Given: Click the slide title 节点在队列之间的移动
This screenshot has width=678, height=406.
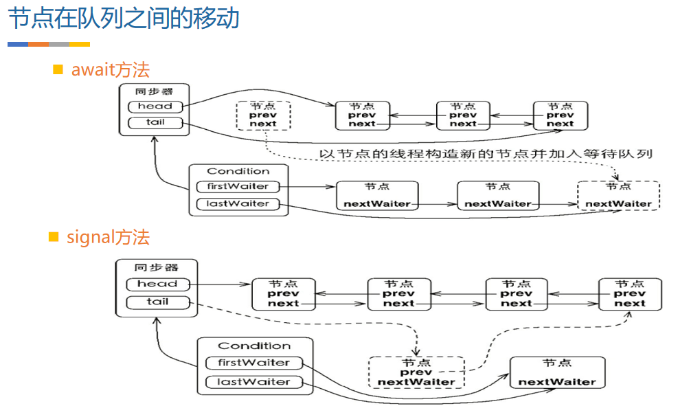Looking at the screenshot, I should pyautogui.click(x=124, y=19).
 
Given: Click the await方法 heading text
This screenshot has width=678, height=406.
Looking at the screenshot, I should pyautogui.click(x=110, y=69).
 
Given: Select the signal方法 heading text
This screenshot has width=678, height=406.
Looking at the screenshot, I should pyautogui.click(x=108, y=238).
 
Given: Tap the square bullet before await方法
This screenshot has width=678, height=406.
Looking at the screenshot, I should pyautogui.click(x=58, y=69).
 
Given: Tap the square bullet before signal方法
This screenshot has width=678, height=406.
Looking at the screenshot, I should pyautogui.click(x=54, y=237).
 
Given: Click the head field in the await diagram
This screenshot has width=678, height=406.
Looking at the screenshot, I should pyautogui.click(x=155, y=106).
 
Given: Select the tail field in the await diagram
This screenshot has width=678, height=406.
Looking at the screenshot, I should pyautogui.click(x=155, y=123).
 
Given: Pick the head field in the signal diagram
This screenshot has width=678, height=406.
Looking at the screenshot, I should pyautogui.click(x=157, y=284).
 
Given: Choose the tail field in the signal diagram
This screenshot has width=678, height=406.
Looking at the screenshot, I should pyautogui.click(x=157, y=302).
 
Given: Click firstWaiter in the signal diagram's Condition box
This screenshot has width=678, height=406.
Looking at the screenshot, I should pyautogui.click(x=253, y=363).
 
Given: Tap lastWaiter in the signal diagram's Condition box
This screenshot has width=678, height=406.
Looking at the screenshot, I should pyautogui.click(x=253, y=382).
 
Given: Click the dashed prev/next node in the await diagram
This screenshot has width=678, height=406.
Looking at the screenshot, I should pyautogui.click(x=263, y=115).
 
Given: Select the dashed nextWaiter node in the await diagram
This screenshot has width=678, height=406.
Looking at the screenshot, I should pyautogui.click(x=618, y=196).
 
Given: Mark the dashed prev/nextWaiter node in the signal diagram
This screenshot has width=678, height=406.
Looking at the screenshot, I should pyautogui.click(x=416, y=372).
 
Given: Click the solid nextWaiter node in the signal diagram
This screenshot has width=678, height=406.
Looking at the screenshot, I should pyautogui.click(x=557, y=373).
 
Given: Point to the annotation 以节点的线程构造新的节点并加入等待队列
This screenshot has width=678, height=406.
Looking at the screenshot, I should pyautogui.click(x=486, y=153).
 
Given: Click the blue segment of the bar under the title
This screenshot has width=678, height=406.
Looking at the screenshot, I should pyautogui.click(x=18, y=44).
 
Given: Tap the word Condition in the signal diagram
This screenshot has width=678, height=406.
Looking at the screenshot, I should pyautogui.click(x=254, y=346).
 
